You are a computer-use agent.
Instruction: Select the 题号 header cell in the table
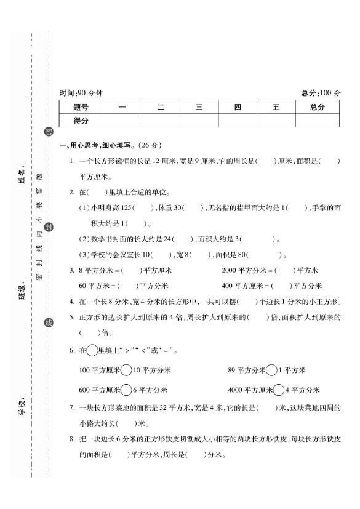pyautogui.click(x=81, y=107)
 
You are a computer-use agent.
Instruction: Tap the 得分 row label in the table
pyautogui.click(x=81, y=121)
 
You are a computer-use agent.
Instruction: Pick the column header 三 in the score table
pyautogui.click(x=199, y=107)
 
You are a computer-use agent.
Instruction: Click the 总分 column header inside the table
pyautogui.click(x=317, y=107)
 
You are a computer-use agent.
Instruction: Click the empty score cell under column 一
pyautogui.click(x=122, y=121)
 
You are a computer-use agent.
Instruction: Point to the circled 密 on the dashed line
pyautogui.click(x=49, y=132)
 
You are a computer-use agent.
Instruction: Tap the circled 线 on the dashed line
pyautogui.click(x=49, y=323)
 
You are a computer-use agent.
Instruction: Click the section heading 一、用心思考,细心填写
pyautogui.click(x=110, y=146)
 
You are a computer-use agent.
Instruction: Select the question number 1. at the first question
pyautogui.click(x=72, y=161)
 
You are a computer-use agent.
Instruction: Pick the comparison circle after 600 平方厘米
pyautogui.click(x=126, y=390)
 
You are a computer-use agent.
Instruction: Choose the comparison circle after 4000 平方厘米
pyautogui.click(x=279, y=390)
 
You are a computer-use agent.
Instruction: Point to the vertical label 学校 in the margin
pyautogui.click(x=22, y=407)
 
